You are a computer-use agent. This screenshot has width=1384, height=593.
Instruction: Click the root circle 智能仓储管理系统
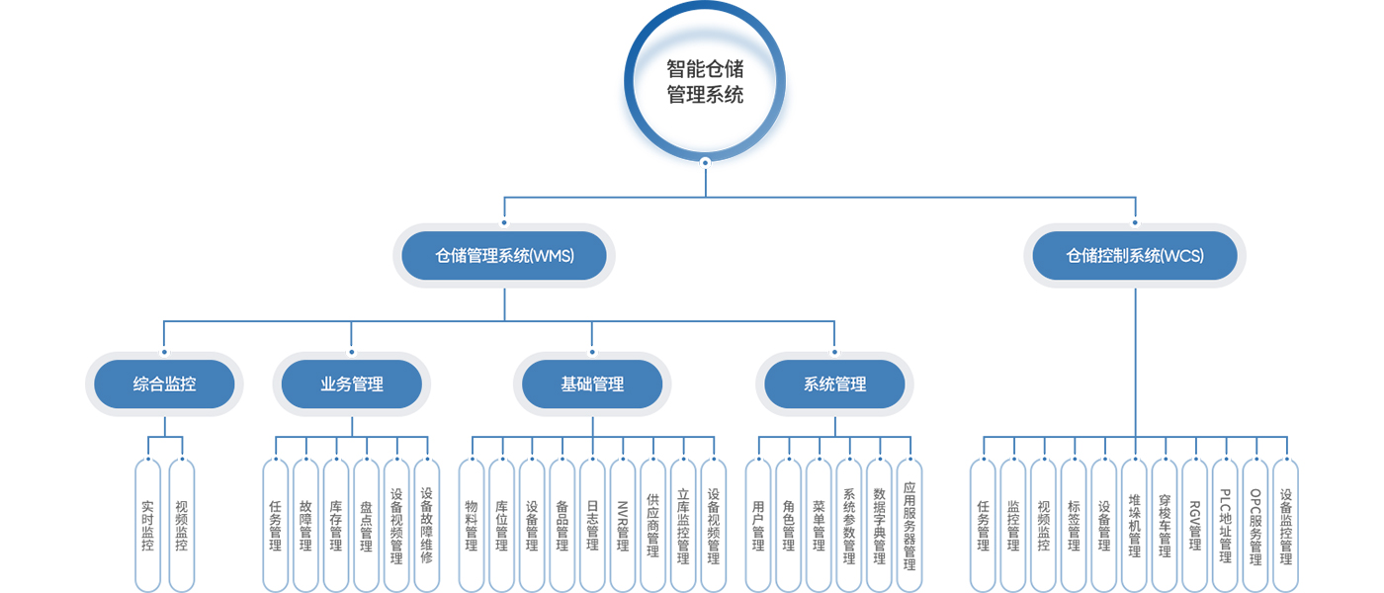pyautogui.click(x=705, y=82)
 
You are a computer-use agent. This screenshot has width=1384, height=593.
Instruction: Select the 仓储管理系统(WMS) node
pyautogui.click(x=504, y=256)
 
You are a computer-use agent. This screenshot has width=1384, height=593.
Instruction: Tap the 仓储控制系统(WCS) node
pyautogui.click(x=1134, y=256)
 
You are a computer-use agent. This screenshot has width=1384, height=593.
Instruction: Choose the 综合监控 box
pyautogui.click(x=164, y=384)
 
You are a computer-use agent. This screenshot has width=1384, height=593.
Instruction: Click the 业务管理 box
pyautogui.click(x=351, y=384)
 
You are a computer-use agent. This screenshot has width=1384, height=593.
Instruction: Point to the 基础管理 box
pyautogui.click(x=592, y=384)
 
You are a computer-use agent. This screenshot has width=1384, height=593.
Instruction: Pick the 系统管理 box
pyautogui.click(x=834, y=384)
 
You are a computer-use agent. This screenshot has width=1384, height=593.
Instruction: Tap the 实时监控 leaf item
pyautogui.click(x=148, y=525)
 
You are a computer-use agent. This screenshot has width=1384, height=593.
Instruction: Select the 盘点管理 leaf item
pyautogui.click(x=366, y=525)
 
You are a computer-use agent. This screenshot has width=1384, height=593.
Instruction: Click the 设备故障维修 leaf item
pyautogui.click(x=426, y=525)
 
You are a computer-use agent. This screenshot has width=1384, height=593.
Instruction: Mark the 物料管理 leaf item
pyautogui.click(x=472, y=525)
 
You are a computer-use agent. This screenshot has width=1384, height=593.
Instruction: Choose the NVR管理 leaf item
pyautogui.click(x=622, y=525)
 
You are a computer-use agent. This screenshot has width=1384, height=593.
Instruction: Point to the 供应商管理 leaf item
pyautogui.click(x=652, y=525)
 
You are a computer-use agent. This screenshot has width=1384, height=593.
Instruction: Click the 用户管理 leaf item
pyautogui.click(x=758, y=525)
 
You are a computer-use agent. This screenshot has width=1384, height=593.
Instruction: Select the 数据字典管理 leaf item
pyautogui.click(x=879, y=525)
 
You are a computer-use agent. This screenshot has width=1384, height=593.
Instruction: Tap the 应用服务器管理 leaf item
pyautogui.click(x=909, y=525)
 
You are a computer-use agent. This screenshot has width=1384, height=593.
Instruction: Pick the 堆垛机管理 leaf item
pyautogui.click(x=1134, y=525)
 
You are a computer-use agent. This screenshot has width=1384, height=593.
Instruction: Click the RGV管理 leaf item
pyautogui.click(x=1194, y=525)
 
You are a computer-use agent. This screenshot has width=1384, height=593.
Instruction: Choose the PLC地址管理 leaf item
pyautogui.click(x=1225, y=525)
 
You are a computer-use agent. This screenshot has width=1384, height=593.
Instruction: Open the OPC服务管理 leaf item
pyautogui.click(x=1255, y=525)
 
